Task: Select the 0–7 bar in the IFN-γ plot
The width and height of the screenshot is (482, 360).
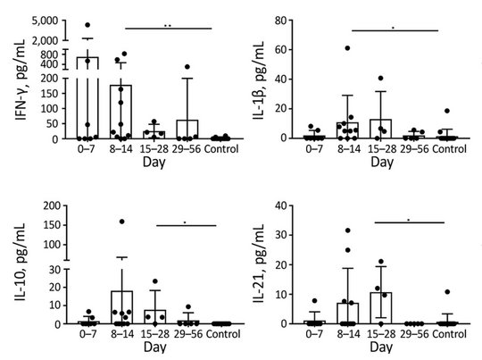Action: click(87, 98)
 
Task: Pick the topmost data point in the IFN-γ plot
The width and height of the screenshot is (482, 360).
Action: click(87, 25)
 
